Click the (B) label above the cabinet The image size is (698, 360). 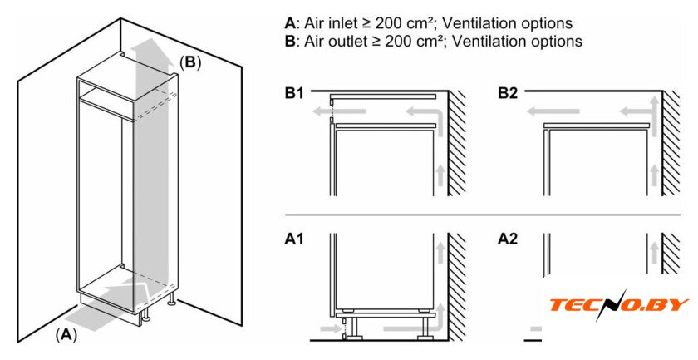click(x=190, y=62)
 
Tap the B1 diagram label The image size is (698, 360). click(x=295, y=94)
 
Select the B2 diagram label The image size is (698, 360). click(x=508, y=94)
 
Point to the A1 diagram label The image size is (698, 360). click(x=295, y=239)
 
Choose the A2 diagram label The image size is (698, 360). click(x=508, y=239)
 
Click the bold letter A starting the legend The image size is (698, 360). click(x=289, y=23)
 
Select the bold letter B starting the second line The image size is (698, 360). click(x=289, y=40)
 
